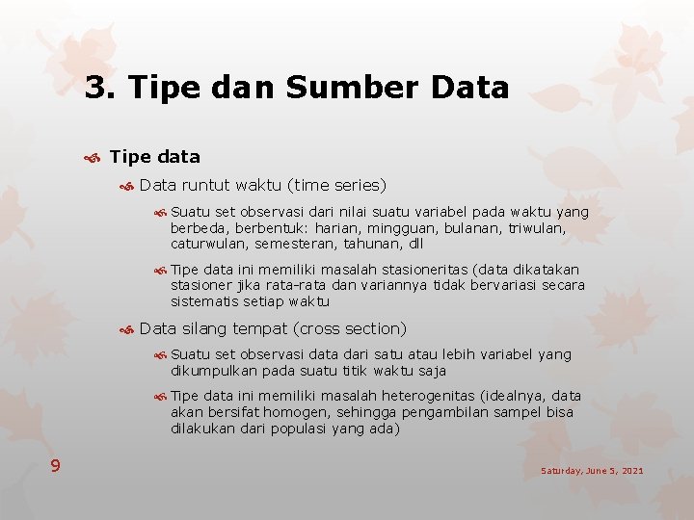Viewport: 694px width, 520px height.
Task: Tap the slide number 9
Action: click(x=56, y=466)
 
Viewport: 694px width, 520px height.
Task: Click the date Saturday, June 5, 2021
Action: click(x=592, y=471)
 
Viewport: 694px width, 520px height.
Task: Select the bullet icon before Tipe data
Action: click(x=94, y=157)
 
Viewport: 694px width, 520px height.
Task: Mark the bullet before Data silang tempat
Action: click(x=125, y=329)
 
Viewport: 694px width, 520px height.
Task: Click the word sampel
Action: click(x=516, y=412)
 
